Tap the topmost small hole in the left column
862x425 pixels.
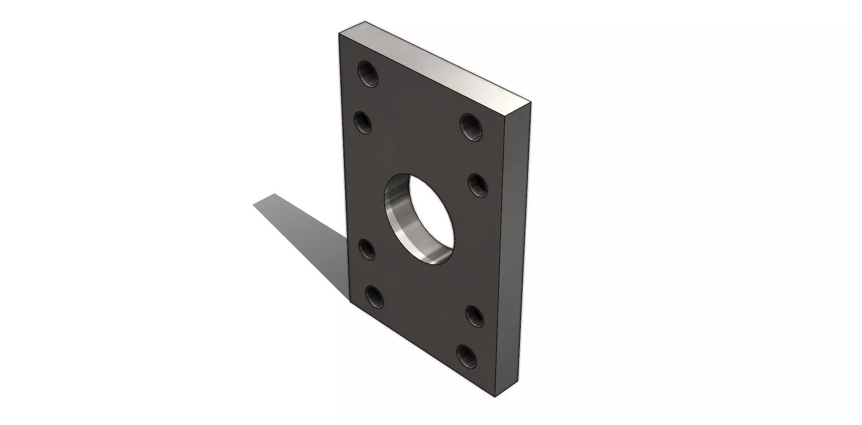pyautogui.click(x=367, y=74)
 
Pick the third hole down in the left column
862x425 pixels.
pyautogui.click(x=368, y=249)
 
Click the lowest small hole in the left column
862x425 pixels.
pyautogui.click(x=374, y=297)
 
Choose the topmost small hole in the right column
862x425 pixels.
pyautogui.click(x=471, y=127)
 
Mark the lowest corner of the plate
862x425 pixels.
pyautogui.click(x=494, y=397)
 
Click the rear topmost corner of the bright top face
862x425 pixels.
pyautogui.click(x=365, y=21)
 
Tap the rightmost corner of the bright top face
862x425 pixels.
pyautogui.click(x=532, y=102)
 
